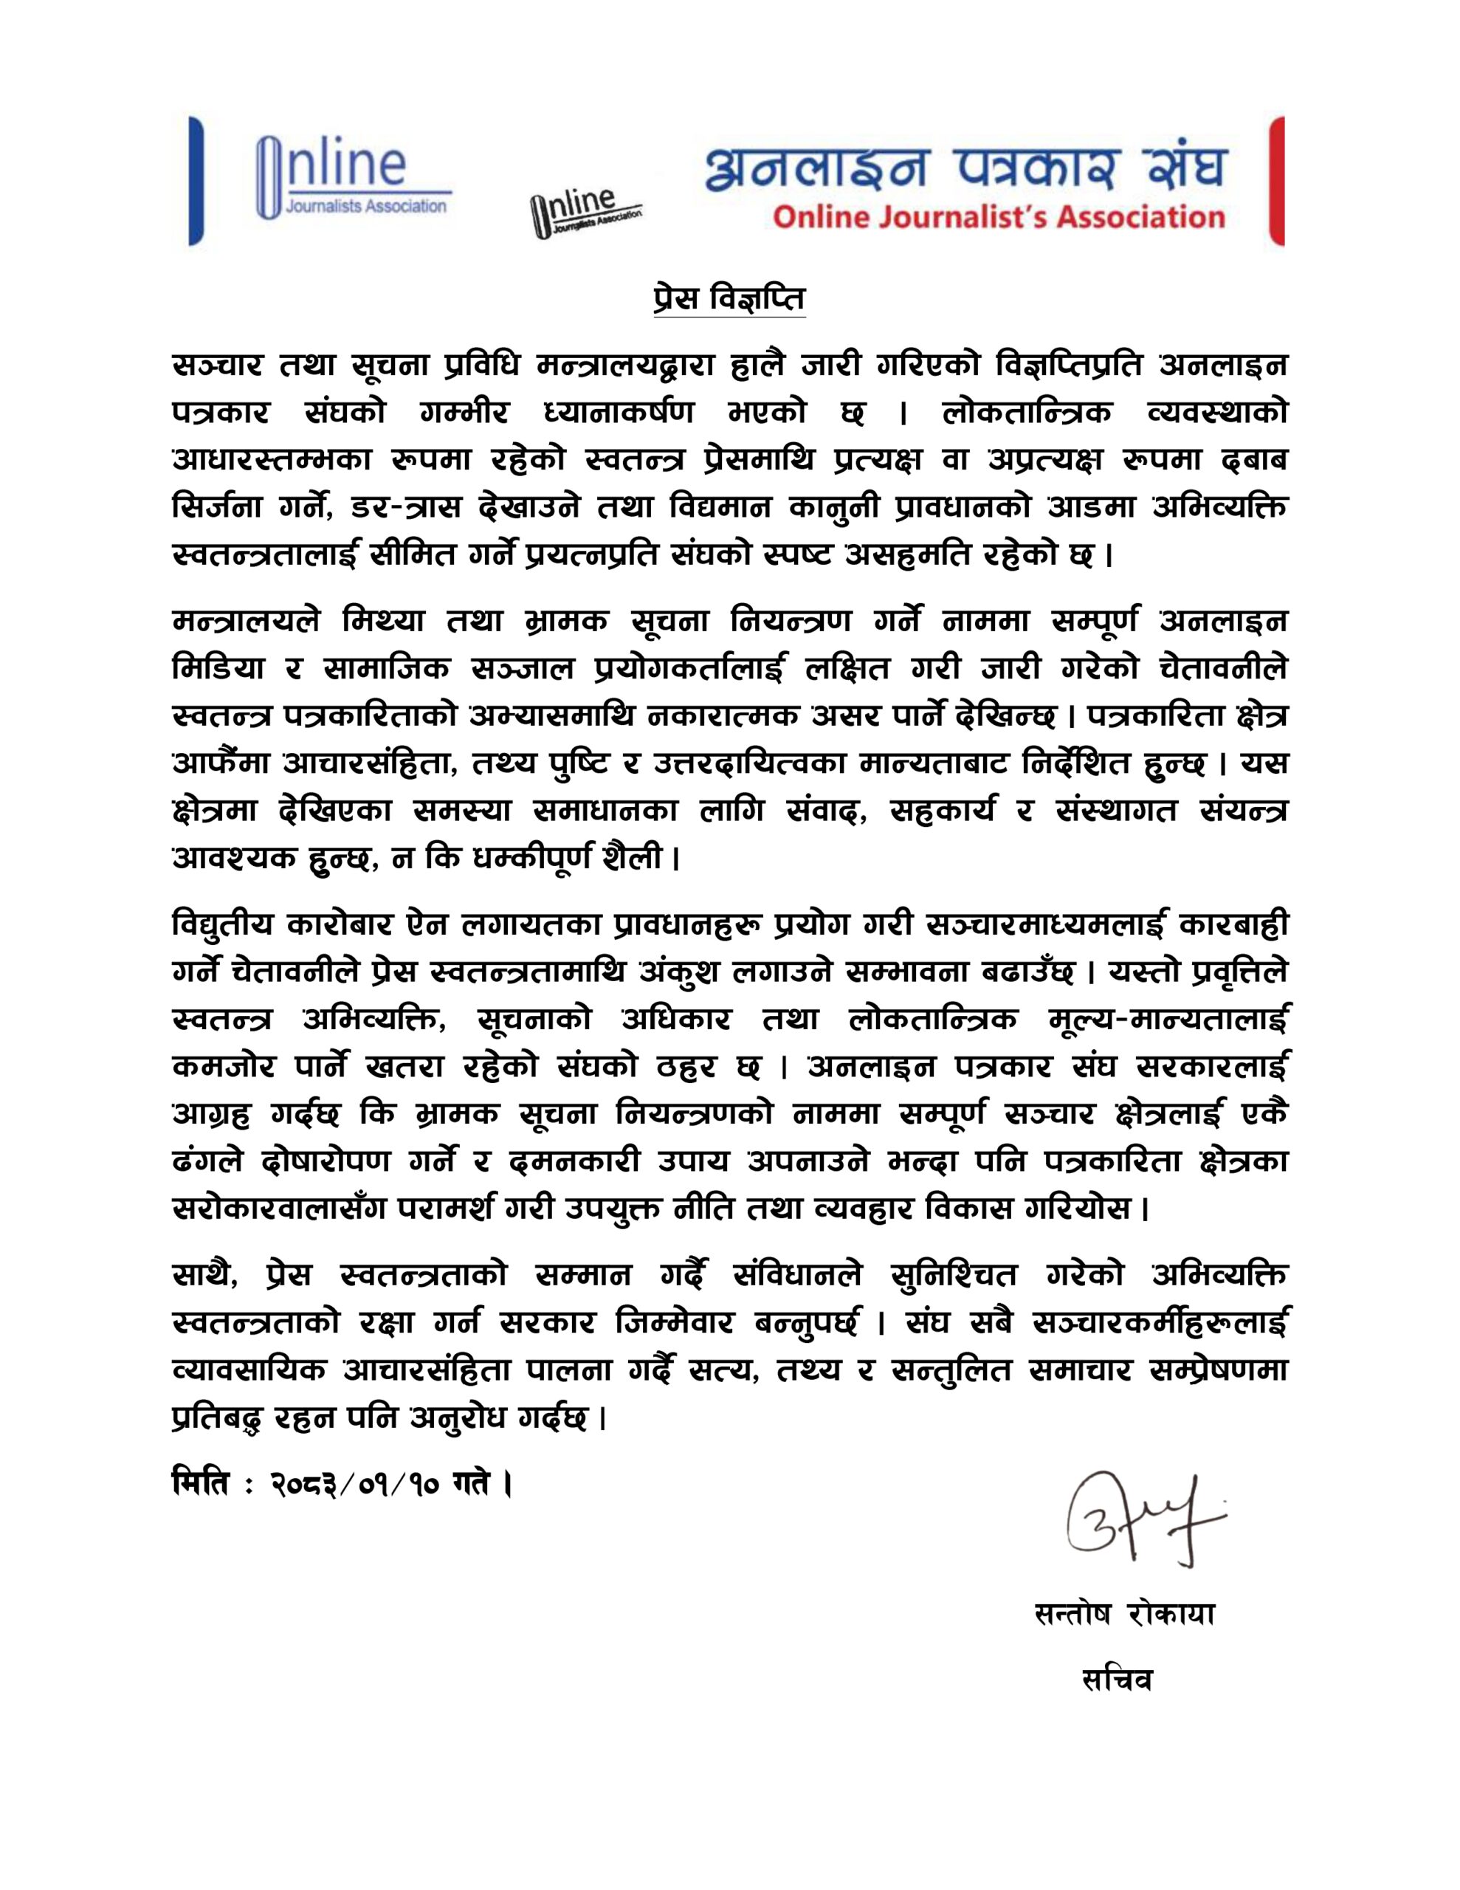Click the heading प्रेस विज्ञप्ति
pyautogui.click(x=729, y=300)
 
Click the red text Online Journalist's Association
pyautogui.click(x=999, y=216)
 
